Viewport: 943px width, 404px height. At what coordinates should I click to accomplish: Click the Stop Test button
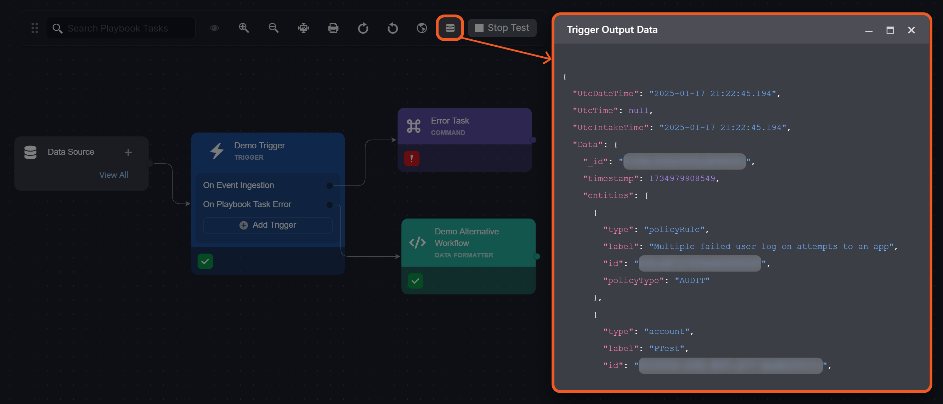pyautogui.click(x=502, y=28)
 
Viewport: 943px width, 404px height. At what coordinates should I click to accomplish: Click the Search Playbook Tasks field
pyautogui.click(x=121, y=28)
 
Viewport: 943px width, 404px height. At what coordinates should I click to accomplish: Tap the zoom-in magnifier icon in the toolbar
pyautogui.click(x=244, y=28)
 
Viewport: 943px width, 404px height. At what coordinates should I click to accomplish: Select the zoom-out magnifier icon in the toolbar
pyautogui.click(x=273, y=28)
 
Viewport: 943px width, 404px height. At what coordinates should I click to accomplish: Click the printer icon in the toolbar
pyautogui.click(x=333, y=28)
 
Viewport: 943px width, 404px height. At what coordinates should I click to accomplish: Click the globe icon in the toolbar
pyautogui.click(x=422, y=28)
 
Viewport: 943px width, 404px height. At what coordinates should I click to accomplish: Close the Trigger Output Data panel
pyautogui.click(x=911, y=30)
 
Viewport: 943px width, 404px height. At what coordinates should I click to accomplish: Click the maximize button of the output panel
pyautogui.click(x=890, y=30)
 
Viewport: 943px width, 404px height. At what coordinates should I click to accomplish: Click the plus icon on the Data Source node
pyautogui.click(x=128, y=152)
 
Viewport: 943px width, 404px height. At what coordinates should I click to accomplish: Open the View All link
pyautogui.click(x=114, y=175)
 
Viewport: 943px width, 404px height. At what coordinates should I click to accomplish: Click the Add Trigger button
pyautogui.click(x=267, y=225)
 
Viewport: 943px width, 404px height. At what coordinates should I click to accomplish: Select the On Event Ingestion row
pyautogui.click(x=239, y=185)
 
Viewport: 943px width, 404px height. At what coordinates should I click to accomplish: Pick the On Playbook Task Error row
pyautogui.click(x=247, y=204)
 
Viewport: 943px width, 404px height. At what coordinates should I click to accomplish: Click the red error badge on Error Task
pyautogui.click(x=412, y=159)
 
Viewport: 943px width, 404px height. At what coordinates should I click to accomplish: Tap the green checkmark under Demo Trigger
pyautogui.click(x=205, y=261)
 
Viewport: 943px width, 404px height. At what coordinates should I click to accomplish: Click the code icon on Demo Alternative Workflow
pyautogui.click(x=417, y=243)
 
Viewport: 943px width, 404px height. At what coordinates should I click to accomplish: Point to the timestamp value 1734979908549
pyautogui.click(x=682, y=178)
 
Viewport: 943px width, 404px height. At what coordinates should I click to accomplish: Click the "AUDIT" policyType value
pyautogui.click(x=692, y=280)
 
